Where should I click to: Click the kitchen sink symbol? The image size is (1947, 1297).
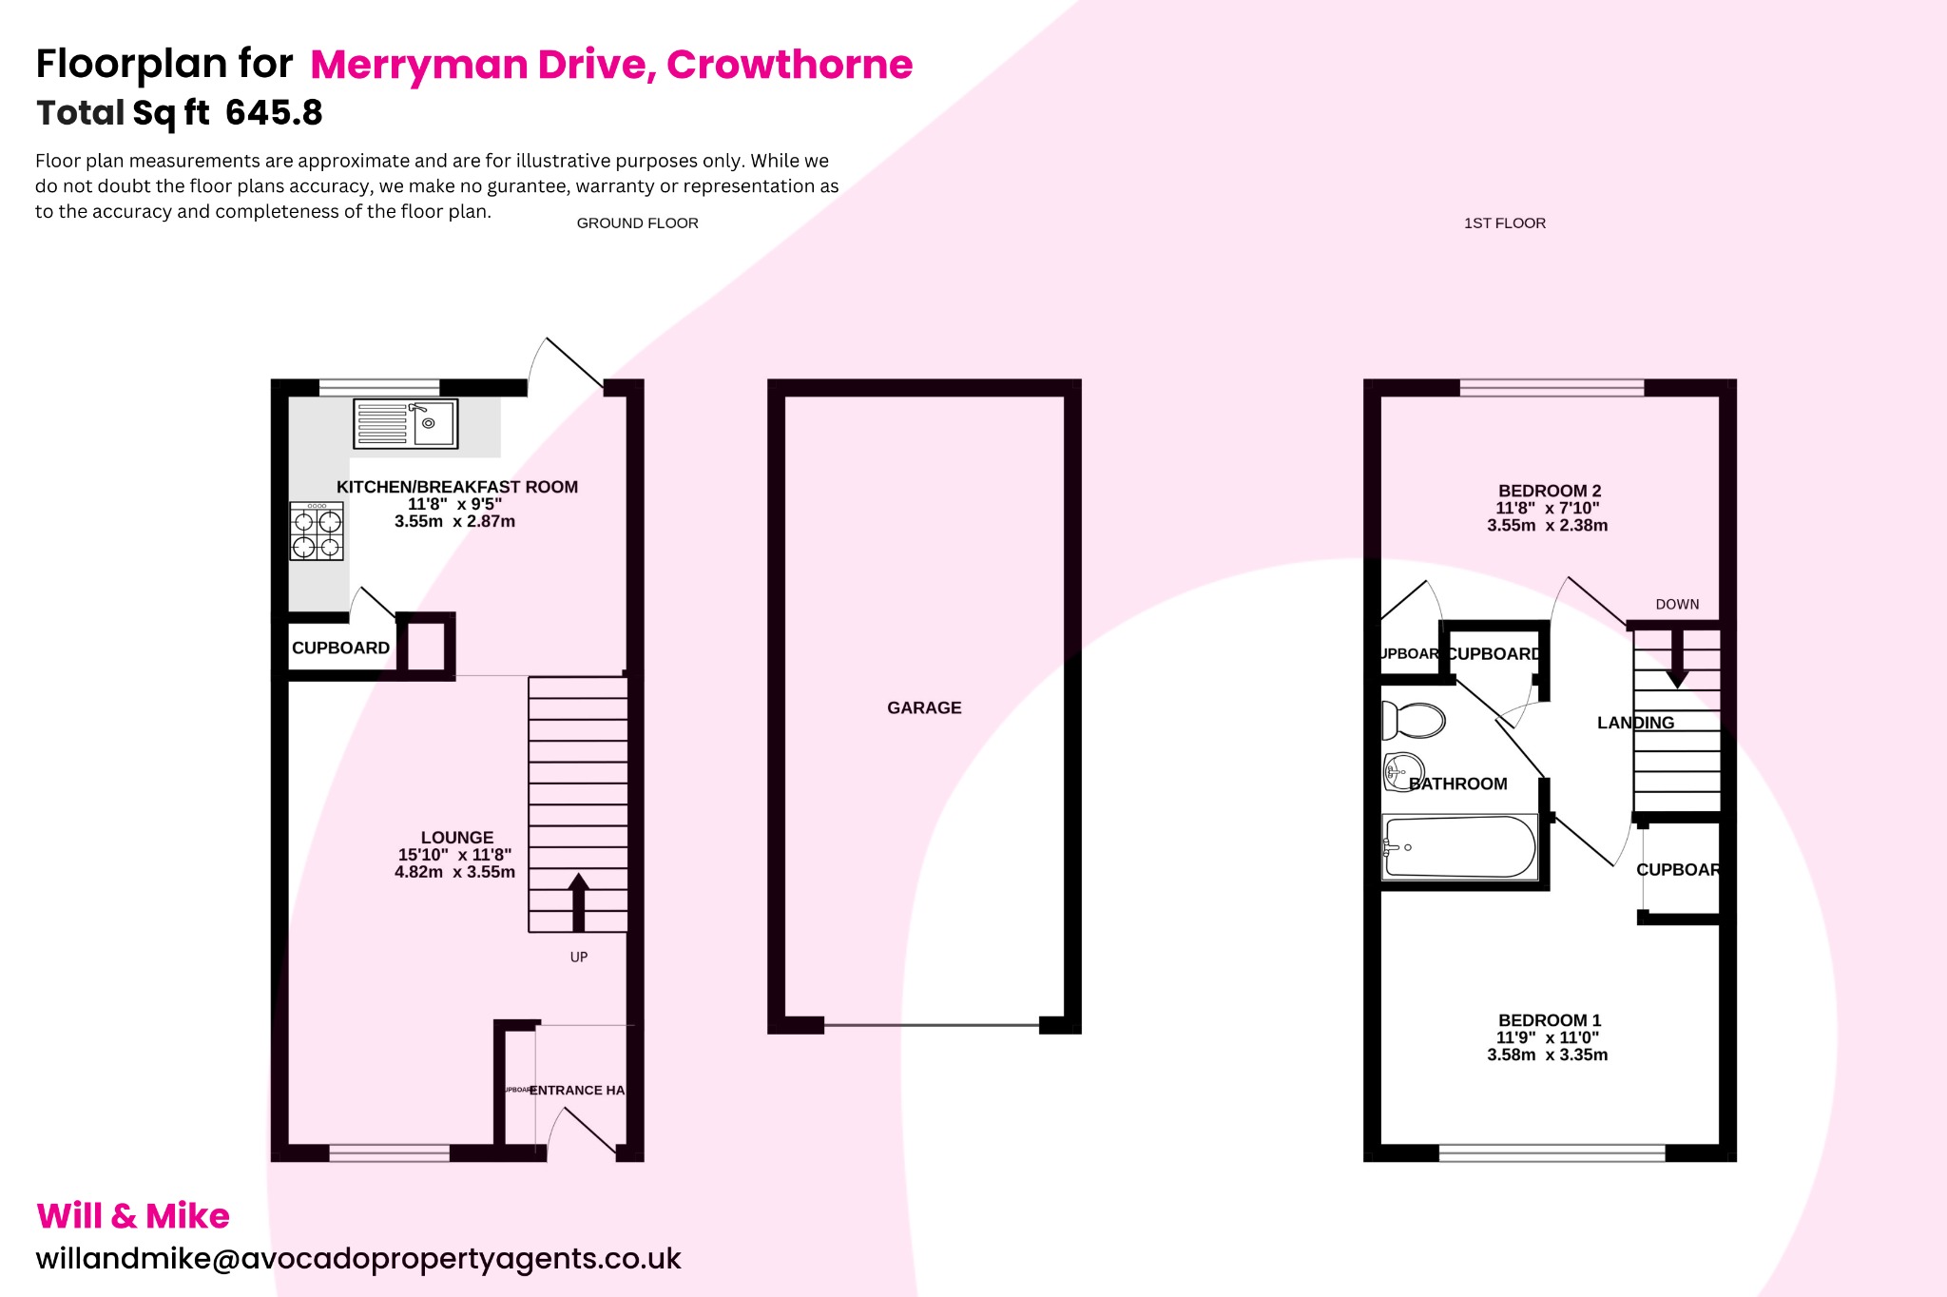click(405, 423)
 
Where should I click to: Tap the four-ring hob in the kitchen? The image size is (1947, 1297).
click(317, 532)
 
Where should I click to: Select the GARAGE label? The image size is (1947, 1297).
click(924, 707)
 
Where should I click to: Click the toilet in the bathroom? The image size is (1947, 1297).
click(1414, 721)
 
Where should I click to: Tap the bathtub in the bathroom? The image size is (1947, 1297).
click(1459, 846)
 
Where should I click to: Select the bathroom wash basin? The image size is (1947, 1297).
click(1402, 771)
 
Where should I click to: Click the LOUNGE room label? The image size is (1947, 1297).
click(457, 838)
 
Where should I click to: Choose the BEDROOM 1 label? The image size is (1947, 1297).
click(1550, 1020)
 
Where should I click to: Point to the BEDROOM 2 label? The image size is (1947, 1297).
click(1550, 491)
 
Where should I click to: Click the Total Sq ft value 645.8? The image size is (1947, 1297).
click(275, 113)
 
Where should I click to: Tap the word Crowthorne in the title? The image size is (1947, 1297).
click(789, 65)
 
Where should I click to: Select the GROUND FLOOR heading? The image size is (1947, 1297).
click(637, 223)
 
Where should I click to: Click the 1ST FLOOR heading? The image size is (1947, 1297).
click(1504, 223)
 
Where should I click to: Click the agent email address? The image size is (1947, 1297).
click(358, 1258)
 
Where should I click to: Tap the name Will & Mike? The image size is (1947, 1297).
click(133, 1216)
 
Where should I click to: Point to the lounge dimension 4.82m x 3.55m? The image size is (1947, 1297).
click(454, 872)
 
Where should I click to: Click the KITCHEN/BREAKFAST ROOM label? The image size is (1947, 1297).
click(457, 487)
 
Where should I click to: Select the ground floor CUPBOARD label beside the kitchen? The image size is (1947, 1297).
click(340, 648)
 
